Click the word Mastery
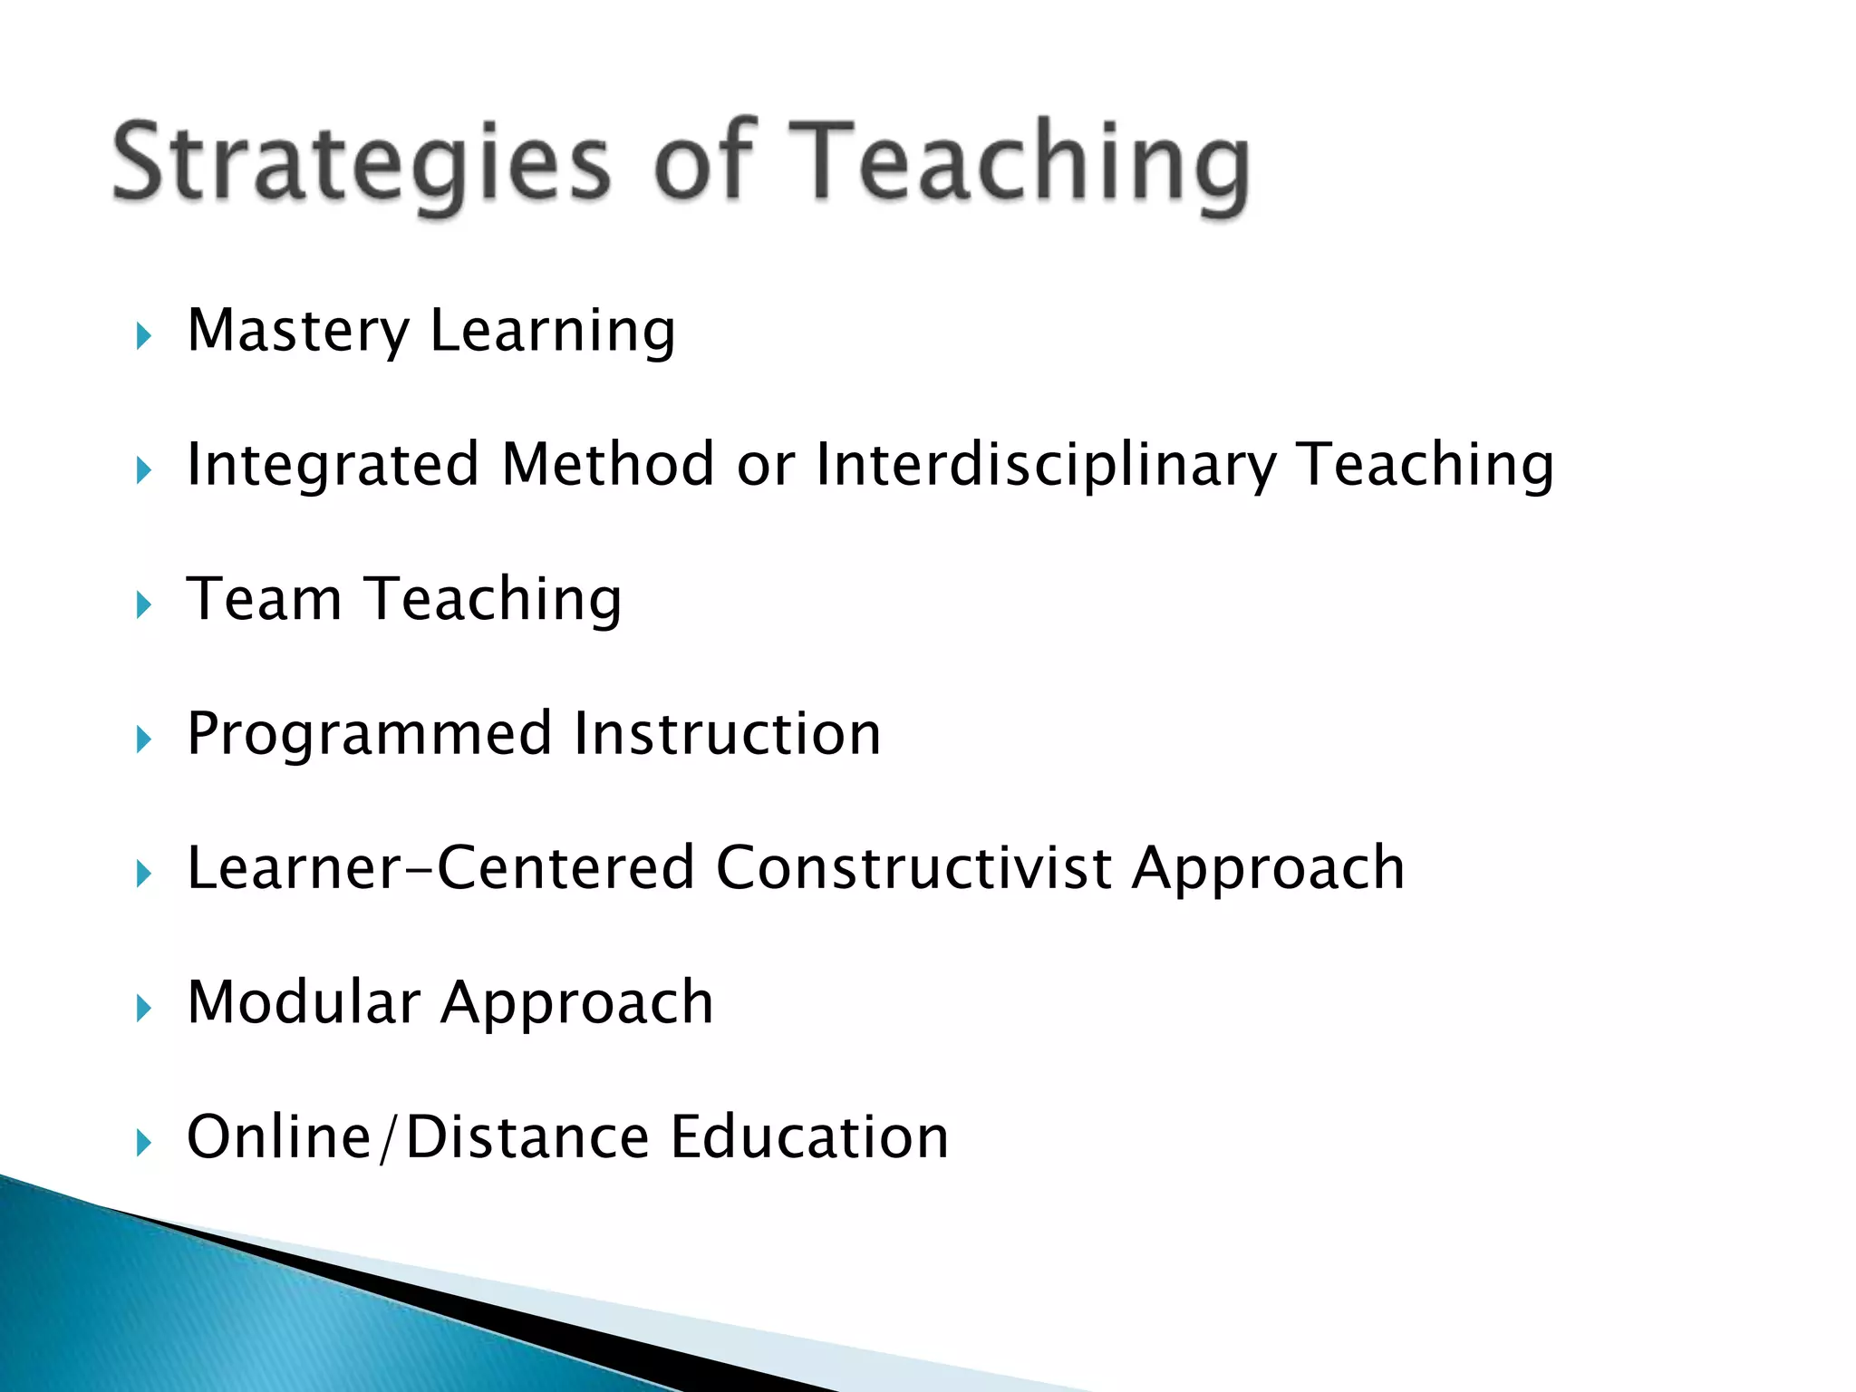pos(298,331)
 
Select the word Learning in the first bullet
pos(553,333)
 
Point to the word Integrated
pos(332,465)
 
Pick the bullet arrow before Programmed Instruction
pos(143,739)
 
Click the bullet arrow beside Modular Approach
pos(143,1008)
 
